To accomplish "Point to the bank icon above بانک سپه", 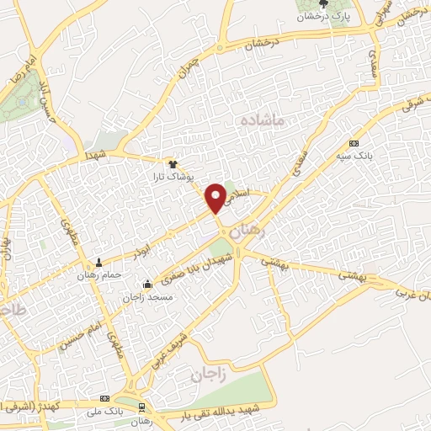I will [353, 143].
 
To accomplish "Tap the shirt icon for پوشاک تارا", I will [173, 165].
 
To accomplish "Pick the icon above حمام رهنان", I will [100, 263].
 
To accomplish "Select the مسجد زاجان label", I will [148, 296].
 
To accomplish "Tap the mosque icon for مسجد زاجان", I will [148, 284].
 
